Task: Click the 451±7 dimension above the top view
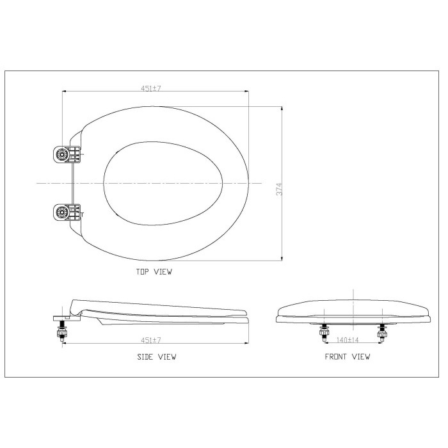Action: (x=151, y=88)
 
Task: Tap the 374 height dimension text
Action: (x=279, y=189)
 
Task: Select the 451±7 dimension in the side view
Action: (x=151, y=340)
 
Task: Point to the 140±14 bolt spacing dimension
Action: (x=348, y=340)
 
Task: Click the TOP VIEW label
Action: (x=154, y=272)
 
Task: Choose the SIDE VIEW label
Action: (x=157, y=356)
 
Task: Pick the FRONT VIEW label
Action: (x=348, y=356)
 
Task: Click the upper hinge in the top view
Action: (x=67, y=155)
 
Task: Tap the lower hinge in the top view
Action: (x=67, y=212)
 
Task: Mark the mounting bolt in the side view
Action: (x=62, y=331)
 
